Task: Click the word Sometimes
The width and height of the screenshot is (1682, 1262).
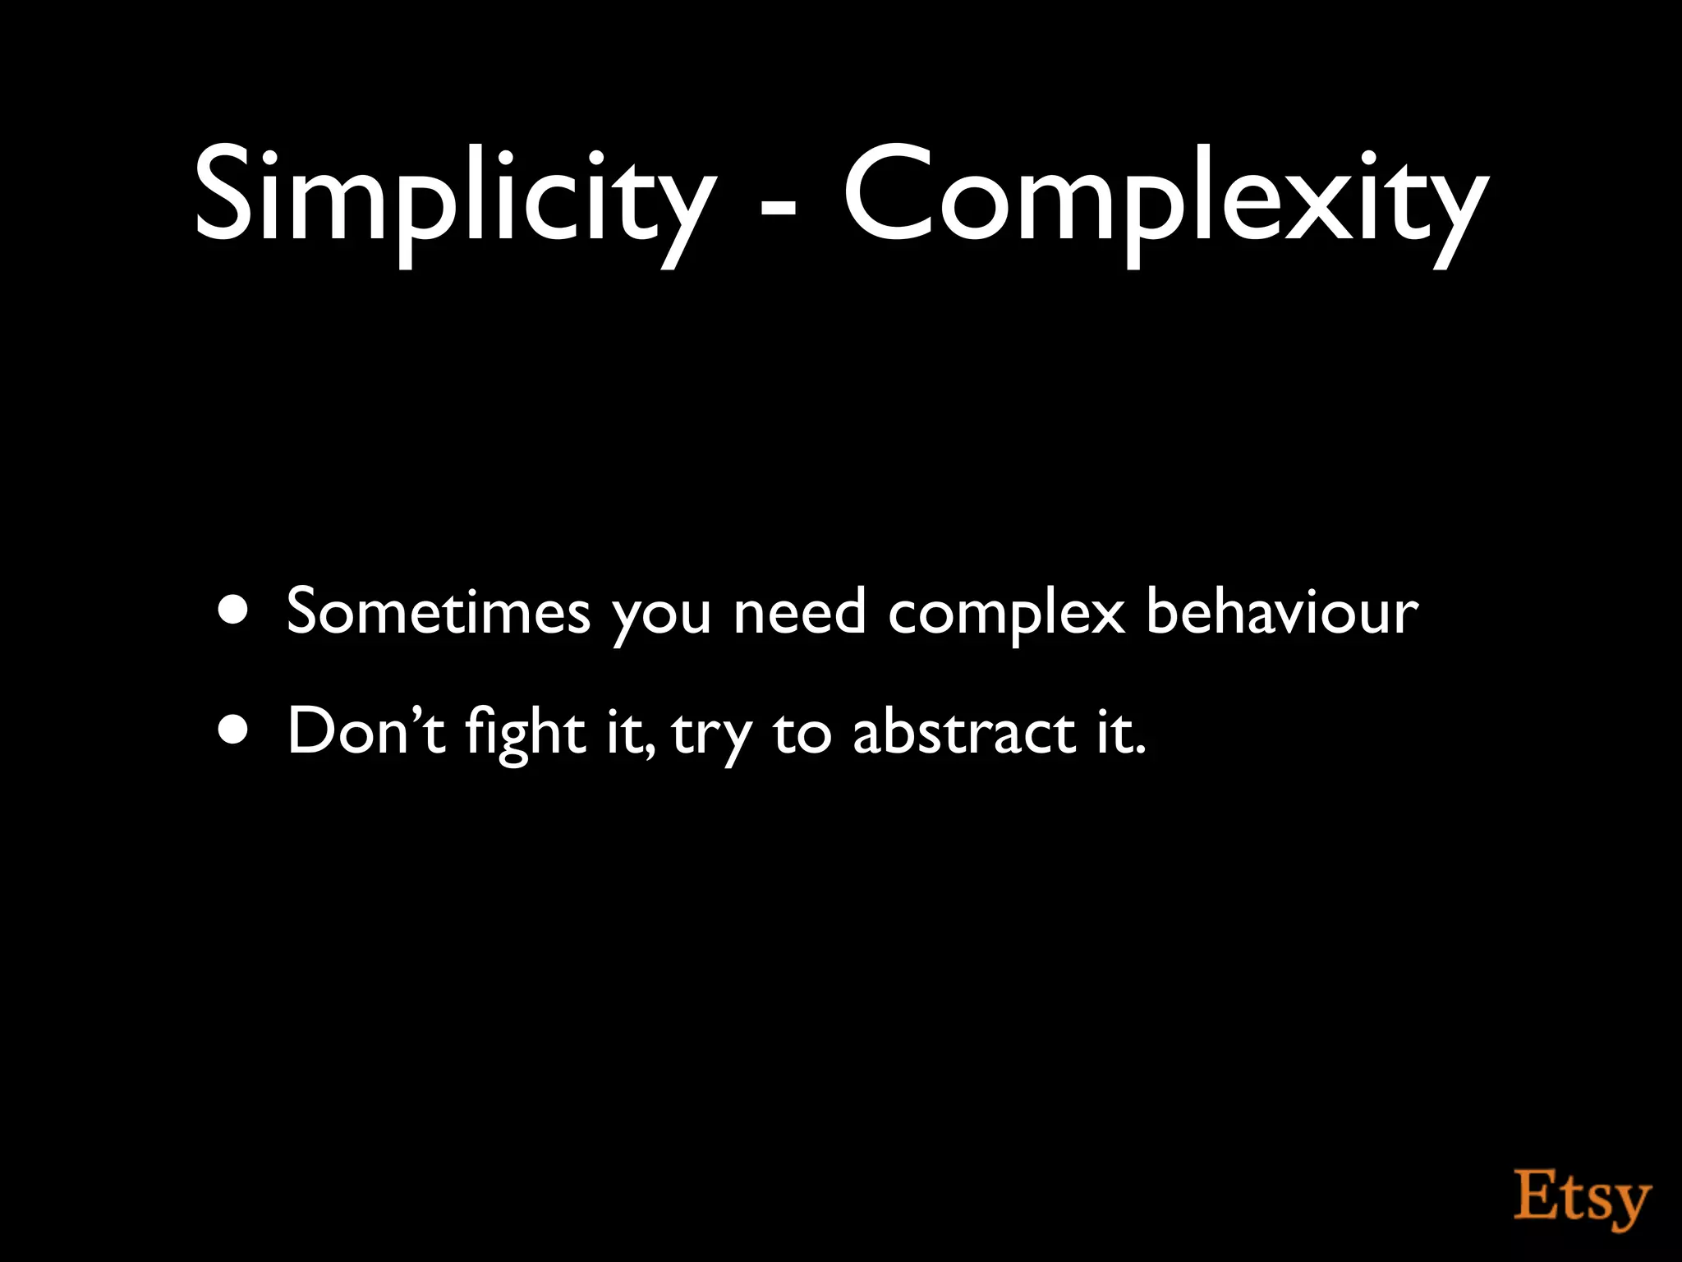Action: tap(439, 611)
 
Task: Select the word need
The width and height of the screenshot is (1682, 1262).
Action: tap(799, 611)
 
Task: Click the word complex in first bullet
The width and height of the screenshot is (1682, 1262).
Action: tap(1005, 616)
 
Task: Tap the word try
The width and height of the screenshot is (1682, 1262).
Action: tap(711, 736)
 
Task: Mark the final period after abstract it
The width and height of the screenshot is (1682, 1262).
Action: tap(1139, 750)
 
